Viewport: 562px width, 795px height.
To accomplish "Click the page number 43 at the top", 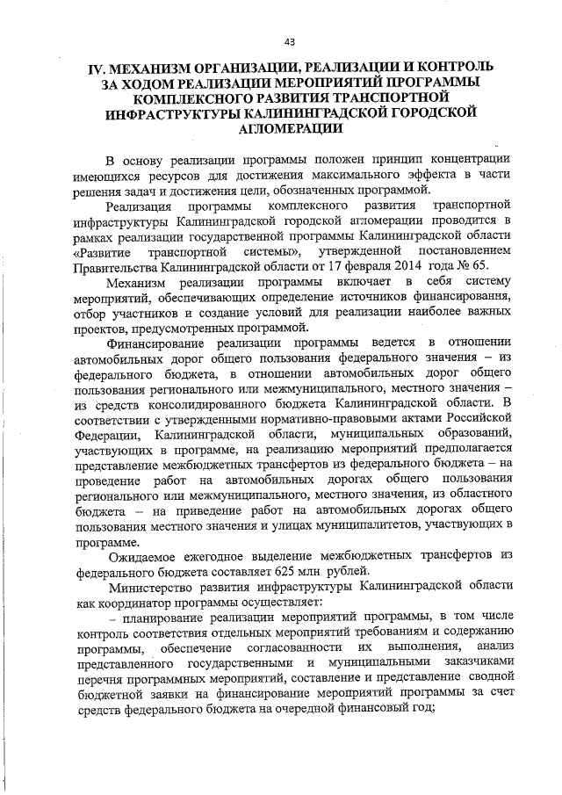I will (289, 41).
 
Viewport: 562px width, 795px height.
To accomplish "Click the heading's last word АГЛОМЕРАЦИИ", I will (289, 128).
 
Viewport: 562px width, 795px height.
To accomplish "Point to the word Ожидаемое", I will (148, 554).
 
